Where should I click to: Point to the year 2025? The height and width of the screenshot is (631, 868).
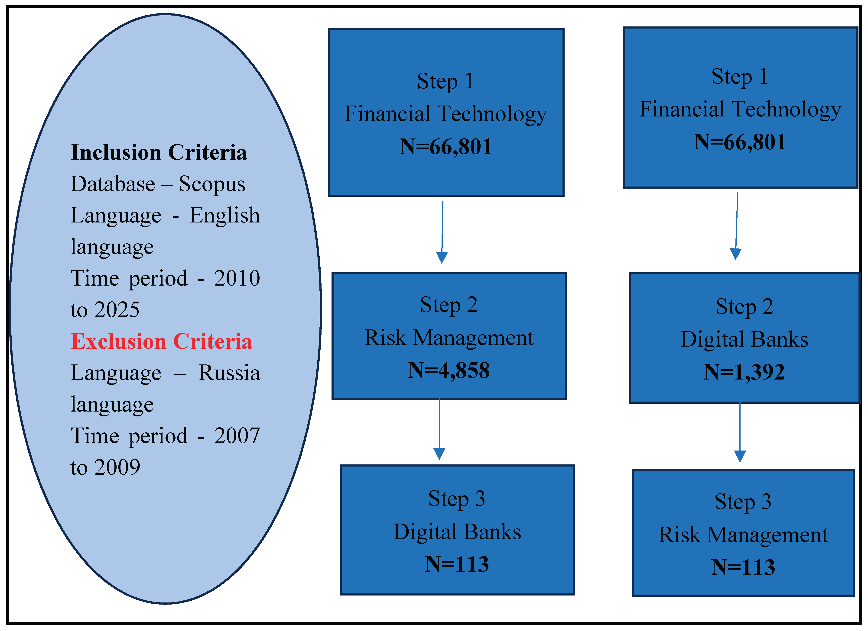click(117, 309)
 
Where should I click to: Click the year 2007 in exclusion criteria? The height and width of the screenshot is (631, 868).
click(237, 436)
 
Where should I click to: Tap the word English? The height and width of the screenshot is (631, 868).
click(225, 215)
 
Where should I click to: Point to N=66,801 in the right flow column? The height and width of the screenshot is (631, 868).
click(740, 142)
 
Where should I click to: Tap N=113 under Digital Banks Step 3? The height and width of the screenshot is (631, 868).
click(457, 564)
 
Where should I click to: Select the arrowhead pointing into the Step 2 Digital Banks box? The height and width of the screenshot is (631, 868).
click(736, 254)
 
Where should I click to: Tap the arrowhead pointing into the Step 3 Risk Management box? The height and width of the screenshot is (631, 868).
click(740, 456)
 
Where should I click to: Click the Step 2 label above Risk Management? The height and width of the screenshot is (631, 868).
click(449, 305)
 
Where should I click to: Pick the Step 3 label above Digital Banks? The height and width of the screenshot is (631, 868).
click(457, 499)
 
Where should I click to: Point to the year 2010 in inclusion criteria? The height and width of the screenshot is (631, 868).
click(237, 278)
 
